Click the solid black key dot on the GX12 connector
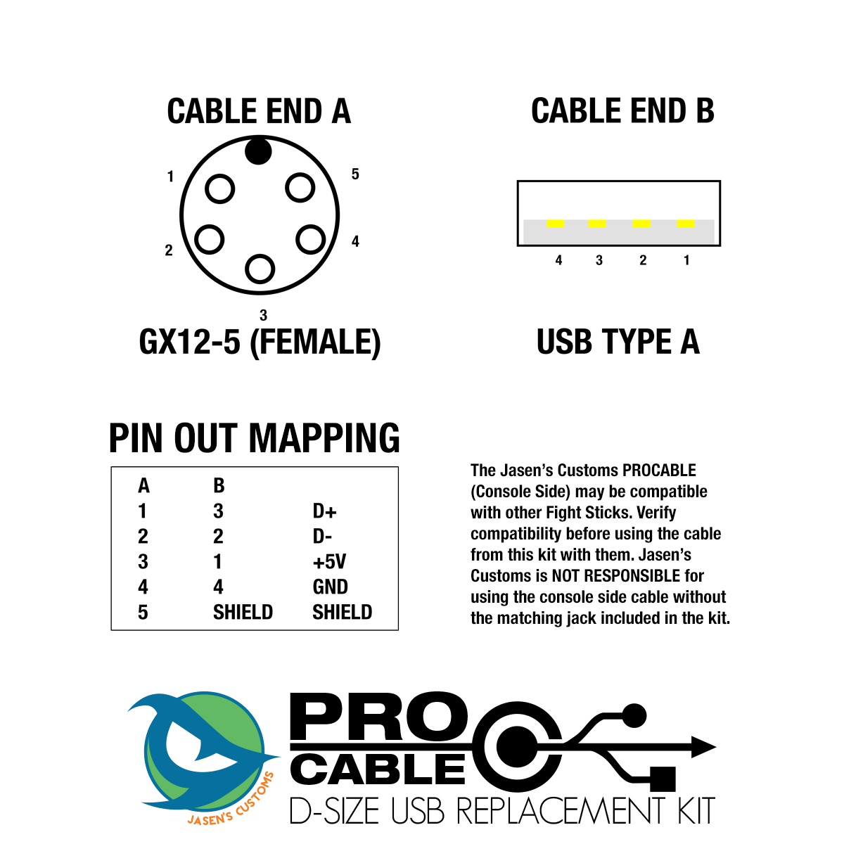[258, 151]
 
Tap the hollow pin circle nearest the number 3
[260, 269]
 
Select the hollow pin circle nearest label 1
[219, 188]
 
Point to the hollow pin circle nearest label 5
[300, 188]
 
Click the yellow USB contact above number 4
[556, 224]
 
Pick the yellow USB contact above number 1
[686, 224]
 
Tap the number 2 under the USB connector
[643, 261]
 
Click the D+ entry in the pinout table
[324, 511]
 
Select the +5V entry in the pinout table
[329, 562]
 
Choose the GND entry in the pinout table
[330, 587]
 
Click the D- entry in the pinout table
[321, 537]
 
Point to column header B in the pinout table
[219, 486]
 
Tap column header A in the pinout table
[143, 486]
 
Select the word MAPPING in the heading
[324, 439]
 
